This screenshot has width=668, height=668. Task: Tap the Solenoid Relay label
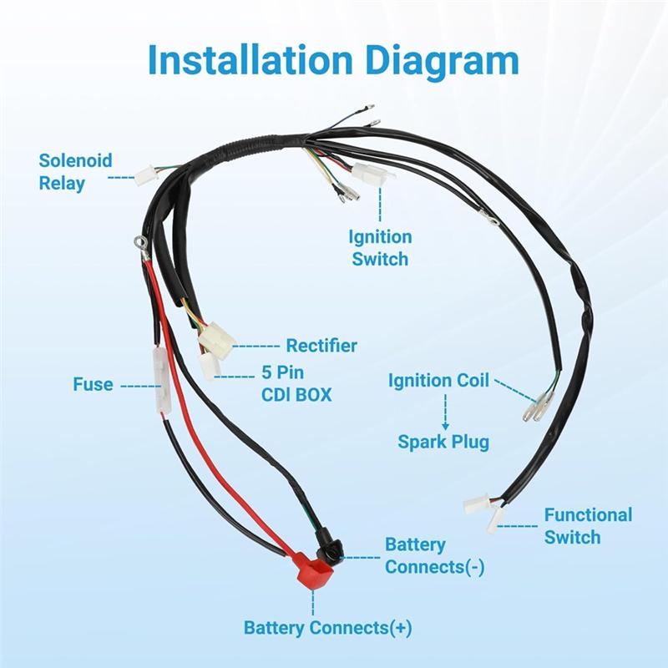[x=74, y=171]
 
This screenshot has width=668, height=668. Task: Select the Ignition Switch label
[x=380, y=248]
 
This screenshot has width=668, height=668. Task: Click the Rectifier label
[x=321, y=345]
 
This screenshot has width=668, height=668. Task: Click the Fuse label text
[x=92, y=385]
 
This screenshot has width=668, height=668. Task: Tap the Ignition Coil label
[x=438, y=381]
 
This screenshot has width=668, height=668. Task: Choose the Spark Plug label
[x=443, y=441]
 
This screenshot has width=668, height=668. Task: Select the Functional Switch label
[x=588, y=525]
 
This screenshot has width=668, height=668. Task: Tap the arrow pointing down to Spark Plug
[x=445, y=413]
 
